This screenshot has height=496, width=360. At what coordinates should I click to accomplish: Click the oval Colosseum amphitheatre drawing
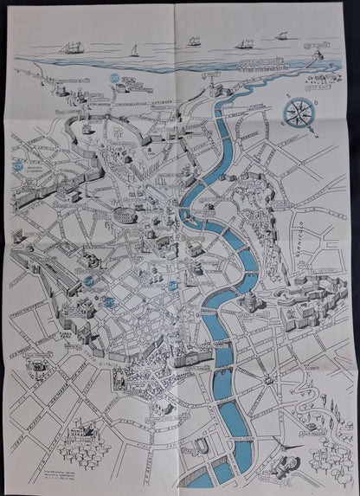pyautogui.click(x=119, y=214)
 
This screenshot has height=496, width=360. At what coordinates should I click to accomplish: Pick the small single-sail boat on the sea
pyautogui.click(x=132, y=51)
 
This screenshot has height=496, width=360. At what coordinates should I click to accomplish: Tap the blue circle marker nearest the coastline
pyautogui.click(x=114, y=77)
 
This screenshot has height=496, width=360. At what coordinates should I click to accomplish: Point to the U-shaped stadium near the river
pyautogui.click(x=201, y=446)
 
